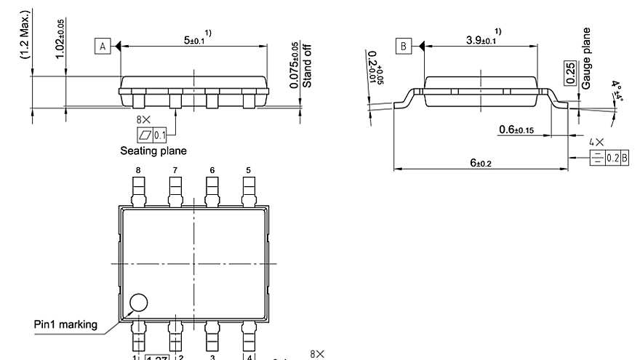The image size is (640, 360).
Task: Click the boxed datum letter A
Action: [x=103, y=47]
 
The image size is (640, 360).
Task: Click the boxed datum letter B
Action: [x=403, y=47]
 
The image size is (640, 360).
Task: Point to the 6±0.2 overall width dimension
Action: [x=480, y=163]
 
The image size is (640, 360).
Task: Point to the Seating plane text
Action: [x=153, y=151]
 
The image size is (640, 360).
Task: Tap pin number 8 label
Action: [x=137, y=170]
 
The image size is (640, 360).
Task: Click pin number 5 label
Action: [x=248, y=170]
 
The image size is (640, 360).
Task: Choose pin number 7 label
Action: [x=175, y=170]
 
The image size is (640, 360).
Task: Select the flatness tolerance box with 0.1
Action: [x=152, y=135]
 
